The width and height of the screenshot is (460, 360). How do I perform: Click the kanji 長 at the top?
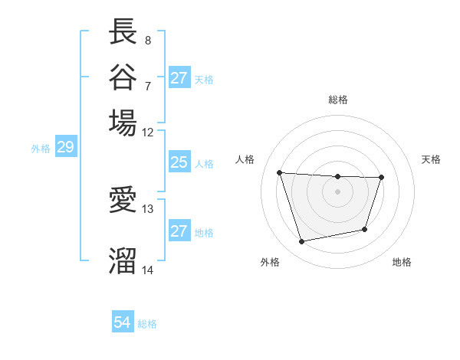[123, 31]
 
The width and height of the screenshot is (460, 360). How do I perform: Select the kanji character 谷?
[123, 77]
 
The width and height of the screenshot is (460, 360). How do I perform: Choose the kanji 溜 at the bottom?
[123, 259]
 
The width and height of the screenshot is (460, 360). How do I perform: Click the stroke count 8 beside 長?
[147, 40]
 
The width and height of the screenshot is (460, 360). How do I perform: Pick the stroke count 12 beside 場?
[148, 131]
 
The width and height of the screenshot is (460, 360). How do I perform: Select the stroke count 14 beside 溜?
[148, 270]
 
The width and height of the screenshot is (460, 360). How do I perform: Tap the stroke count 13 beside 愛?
[148, 208]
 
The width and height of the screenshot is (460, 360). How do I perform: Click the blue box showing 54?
[123, 322]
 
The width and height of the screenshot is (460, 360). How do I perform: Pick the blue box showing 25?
[179, 162]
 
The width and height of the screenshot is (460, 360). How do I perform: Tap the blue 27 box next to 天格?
[179, 78]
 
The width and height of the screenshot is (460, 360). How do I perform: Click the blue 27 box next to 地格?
[179, 231]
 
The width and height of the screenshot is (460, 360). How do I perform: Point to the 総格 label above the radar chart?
[338, 100]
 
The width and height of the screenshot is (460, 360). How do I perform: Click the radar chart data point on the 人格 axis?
[280, 172]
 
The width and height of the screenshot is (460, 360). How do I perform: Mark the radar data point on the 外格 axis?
[302, 242]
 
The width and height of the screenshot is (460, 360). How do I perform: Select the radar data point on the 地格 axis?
[365, 229]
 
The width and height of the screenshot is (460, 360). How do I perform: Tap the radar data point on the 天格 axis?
[382, 178]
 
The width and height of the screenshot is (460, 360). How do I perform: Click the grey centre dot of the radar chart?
[338, 191]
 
